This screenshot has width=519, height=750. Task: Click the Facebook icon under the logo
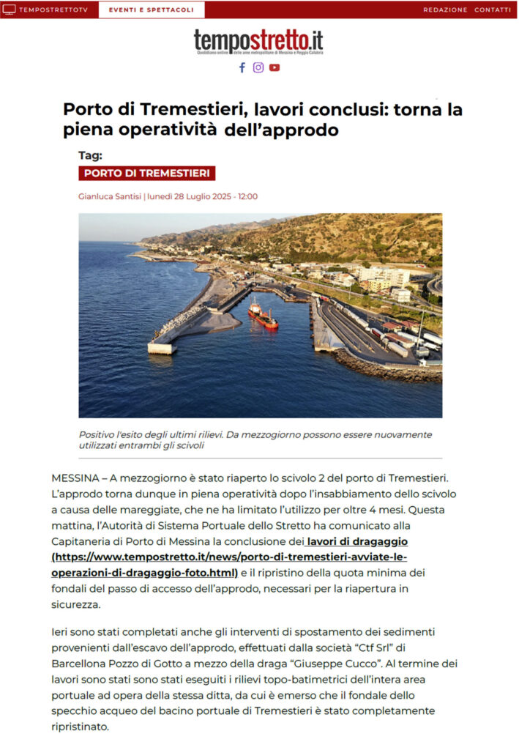[242, 67]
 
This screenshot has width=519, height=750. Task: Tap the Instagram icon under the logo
[258, 67]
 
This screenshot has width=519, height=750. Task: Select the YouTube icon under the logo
[274, 67]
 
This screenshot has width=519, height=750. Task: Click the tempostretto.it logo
[258, 41]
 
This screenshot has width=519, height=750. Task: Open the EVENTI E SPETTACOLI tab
[152, 10]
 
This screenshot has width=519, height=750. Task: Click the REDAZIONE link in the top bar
[445, 10]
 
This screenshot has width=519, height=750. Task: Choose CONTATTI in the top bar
[493, 10]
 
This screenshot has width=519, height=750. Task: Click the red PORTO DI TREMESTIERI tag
[146, 174]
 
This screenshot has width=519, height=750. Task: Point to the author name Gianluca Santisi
[110, 196]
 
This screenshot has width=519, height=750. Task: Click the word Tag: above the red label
[90, 155]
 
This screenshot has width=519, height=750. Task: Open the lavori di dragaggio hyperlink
[359, 541]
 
